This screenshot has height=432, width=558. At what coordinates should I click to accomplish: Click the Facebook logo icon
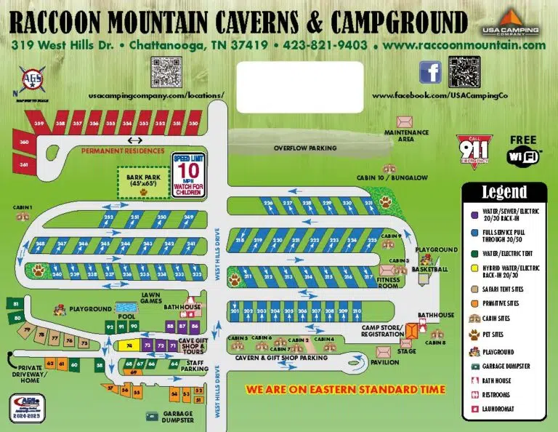430,72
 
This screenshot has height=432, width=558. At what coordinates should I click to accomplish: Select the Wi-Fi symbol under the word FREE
522,156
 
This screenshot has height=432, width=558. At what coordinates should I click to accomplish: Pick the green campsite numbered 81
15,303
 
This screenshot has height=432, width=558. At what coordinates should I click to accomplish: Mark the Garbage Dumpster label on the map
178,417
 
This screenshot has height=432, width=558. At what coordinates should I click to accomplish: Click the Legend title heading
504,193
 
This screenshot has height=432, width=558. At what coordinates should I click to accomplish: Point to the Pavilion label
384,362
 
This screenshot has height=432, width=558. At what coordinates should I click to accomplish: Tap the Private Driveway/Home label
31,372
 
